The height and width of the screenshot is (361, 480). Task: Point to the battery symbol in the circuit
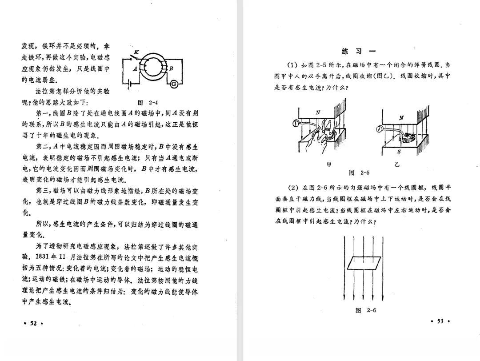point(129,84)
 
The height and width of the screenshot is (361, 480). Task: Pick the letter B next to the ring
point(171,68)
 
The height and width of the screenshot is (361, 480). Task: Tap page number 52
point(32,323)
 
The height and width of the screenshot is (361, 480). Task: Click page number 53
point(440,321)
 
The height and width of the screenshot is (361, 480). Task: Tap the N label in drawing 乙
point(401,118)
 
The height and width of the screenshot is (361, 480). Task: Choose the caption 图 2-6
point(366,310)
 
